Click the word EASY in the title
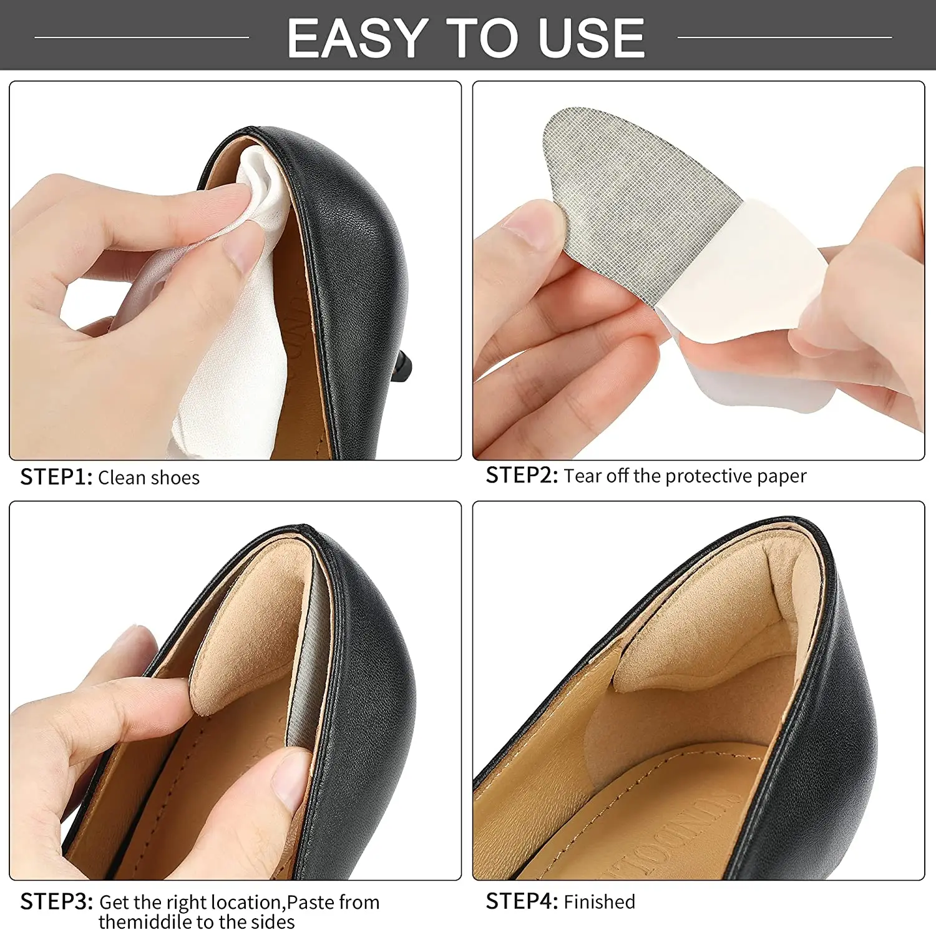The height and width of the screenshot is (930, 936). click(x=356, y=39)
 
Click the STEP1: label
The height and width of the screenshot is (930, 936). click(x=56, y=477)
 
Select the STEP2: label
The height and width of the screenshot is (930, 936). click(x=522, y=476)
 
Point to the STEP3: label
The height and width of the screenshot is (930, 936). click(x=56, y=902)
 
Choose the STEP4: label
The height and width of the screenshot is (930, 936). click(x=522, y=902)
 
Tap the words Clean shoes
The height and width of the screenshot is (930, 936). click(x=149, y=478)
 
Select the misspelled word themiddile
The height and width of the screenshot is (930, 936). click(x=145, y=922)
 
